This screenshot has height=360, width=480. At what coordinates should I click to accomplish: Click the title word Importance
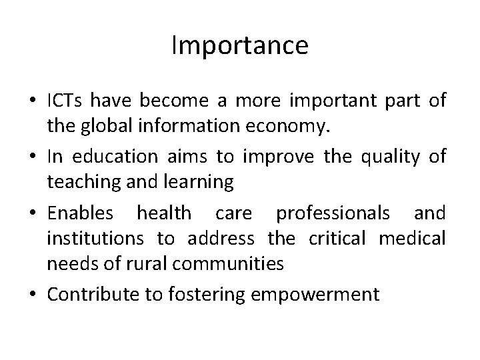click(240, 45)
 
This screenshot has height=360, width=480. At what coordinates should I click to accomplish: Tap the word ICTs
click(66, 101)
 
